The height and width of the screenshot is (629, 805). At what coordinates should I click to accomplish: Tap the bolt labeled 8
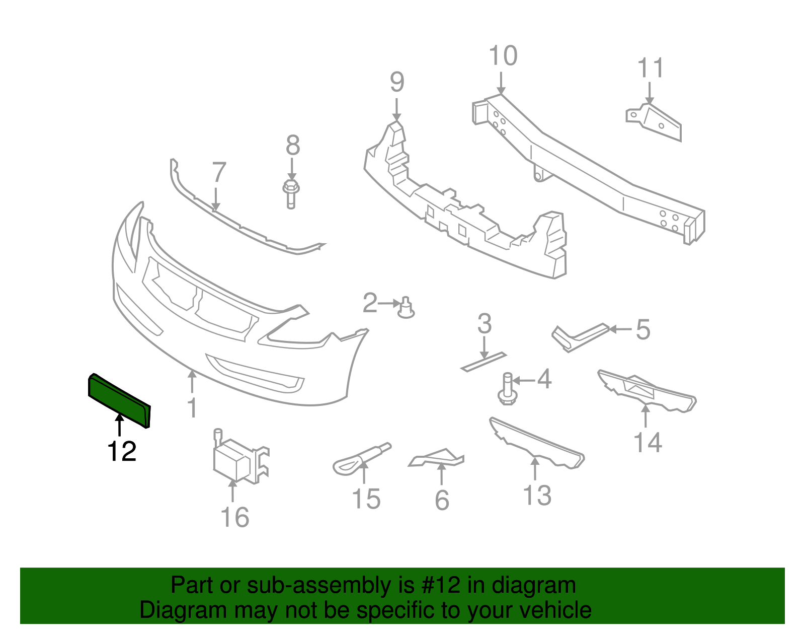[x=291, y=193]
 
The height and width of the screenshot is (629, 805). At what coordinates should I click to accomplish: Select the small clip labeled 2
[x=406, y=308]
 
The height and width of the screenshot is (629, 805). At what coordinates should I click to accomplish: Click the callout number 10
[x=503, y=55]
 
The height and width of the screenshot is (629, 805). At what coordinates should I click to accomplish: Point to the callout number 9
[x=397, y=82]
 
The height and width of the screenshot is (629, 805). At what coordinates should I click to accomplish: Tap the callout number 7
[x=218, y=172]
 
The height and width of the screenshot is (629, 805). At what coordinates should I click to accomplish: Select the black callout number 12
[x=122, y=452]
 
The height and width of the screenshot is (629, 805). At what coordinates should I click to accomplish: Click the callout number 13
[x=537, y=495]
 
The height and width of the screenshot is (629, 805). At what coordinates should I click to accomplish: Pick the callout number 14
[x=648, y=443]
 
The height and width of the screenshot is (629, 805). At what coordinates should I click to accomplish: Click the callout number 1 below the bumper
[x=192, y=407]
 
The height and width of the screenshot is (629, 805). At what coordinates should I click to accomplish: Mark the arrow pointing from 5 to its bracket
[x=621, y=329]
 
